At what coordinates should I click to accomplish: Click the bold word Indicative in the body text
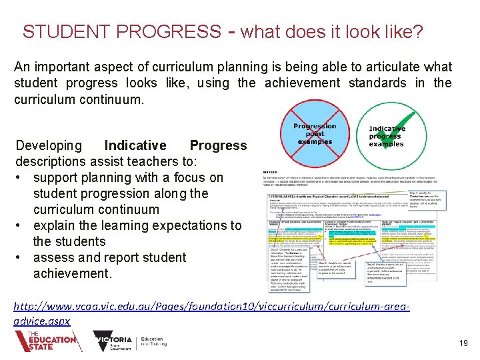coord(135,145)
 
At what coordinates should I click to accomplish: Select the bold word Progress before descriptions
coord(218,145)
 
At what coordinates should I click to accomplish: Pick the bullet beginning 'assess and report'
coord(109,257)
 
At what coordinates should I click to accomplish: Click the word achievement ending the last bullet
coord(70,273)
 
